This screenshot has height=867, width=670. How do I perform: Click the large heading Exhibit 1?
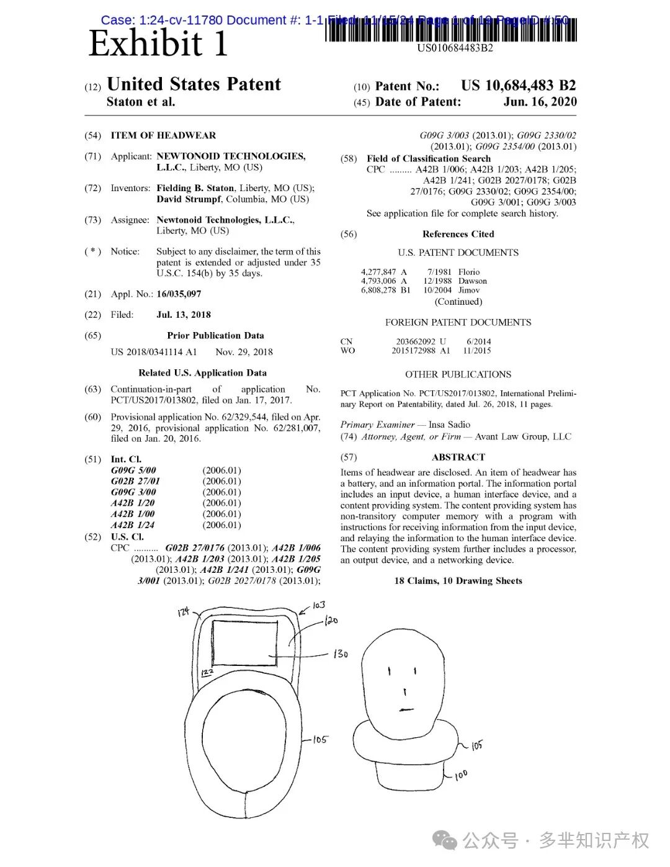[158, 43]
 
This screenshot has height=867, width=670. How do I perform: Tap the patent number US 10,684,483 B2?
[518, 86]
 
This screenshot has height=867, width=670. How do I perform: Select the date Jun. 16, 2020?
[540, 102]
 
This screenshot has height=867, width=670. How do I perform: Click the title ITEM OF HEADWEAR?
[163, 135]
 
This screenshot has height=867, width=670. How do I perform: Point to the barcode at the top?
[451, 30]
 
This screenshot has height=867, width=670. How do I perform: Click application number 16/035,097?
[179, 294]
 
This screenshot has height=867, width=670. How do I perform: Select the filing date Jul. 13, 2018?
[184, 315]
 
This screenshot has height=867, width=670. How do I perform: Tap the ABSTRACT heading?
[458, 457]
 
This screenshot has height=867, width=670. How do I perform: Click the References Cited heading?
[458, 234]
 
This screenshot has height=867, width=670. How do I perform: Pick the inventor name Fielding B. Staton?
[195, 188]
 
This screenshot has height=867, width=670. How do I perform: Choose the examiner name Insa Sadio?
[449, 425]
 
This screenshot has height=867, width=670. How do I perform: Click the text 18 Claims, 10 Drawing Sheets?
[458, 581]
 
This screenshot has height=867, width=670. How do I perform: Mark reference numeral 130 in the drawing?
[341, 654]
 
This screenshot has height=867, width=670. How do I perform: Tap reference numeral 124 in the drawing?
[183, 612]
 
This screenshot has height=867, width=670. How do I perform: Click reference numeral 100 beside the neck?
[461, 775]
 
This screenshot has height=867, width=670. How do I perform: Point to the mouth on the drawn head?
[406, 709]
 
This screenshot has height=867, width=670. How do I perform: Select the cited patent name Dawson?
[473, 281]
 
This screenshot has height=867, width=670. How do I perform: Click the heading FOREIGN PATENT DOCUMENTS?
[458, 322]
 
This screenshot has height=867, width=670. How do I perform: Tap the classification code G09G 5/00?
[133, 470]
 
